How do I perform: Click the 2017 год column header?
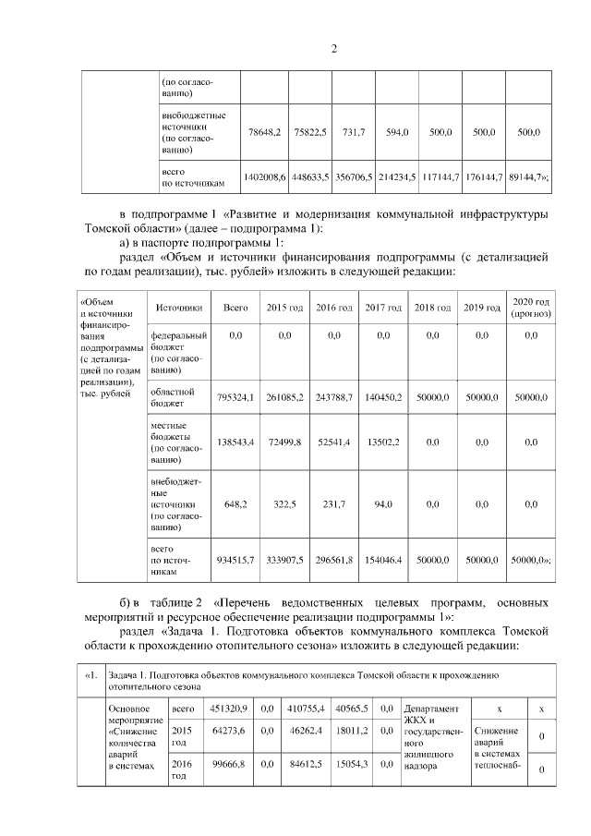tap(383, 307)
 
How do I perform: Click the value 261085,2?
tap(285, 397)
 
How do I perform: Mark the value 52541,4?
tap(334, 442)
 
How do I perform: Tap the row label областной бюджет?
tap(174, 397)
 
